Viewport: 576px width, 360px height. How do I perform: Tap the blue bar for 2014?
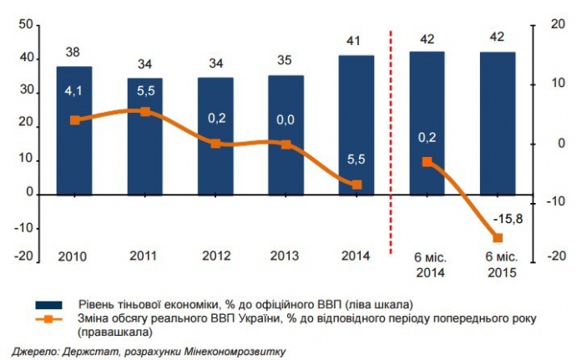click(x=356, y=124)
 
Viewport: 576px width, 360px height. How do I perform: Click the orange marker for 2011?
click(x=145, y=111)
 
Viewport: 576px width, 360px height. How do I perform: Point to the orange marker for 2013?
click(x=286, y=145)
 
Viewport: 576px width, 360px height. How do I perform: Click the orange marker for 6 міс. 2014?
click(x=427, y=162)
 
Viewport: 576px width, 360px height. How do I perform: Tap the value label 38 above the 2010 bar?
click(x=73, y=53)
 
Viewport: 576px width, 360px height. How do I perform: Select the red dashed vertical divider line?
click(x=391, y=142)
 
